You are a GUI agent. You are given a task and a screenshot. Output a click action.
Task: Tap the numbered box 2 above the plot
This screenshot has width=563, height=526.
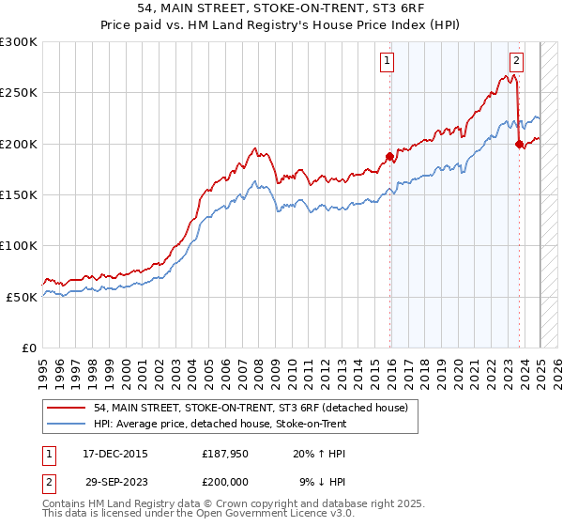pos(516,61)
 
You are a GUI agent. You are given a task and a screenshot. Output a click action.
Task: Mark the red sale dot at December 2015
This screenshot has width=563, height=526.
pos(390,156)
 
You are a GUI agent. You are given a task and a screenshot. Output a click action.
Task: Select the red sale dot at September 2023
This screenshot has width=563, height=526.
pos(519,144)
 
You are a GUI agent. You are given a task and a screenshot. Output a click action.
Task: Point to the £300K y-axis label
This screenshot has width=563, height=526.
pos(19,42)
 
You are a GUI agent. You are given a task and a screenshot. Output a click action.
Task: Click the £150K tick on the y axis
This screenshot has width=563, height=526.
pos(19,194)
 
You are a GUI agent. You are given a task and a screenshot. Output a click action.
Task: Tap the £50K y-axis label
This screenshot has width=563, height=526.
pos(23,296)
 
